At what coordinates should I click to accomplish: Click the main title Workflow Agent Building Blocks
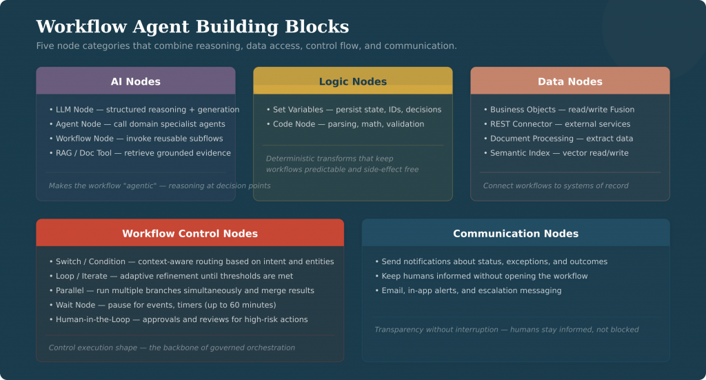pos(192,27)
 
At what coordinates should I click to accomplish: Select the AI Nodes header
pos(135,81)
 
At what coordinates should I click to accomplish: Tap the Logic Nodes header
pos(352,81)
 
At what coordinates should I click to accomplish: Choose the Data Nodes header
pos(569,81)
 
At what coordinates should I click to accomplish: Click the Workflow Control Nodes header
pos(190,233)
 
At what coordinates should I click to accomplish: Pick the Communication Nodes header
pos(515,233)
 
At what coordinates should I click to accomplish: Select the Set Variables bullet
pos(353,110)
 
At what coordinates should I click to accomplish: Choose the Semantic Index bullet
pos(556,153)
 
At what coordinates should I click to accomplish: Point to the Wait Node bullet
pos(162,305)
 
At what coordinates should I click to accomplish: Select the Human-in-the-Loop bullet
pos(178,319)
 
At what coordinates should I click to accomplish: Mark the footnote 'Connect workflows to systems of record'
pos(555,186)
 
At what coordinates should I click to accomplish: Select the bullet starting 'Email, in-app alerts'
pos(467,290)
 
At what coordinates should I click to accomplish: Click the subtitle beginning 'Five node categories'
pos(246,46)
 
